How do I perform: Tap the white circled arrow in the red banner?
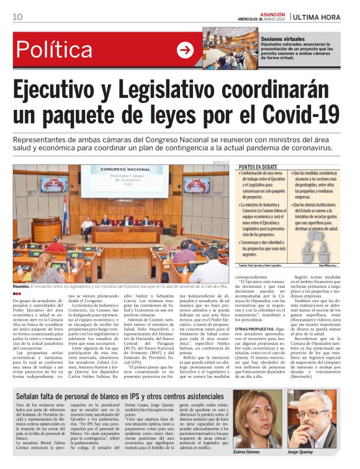[185, 50]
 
